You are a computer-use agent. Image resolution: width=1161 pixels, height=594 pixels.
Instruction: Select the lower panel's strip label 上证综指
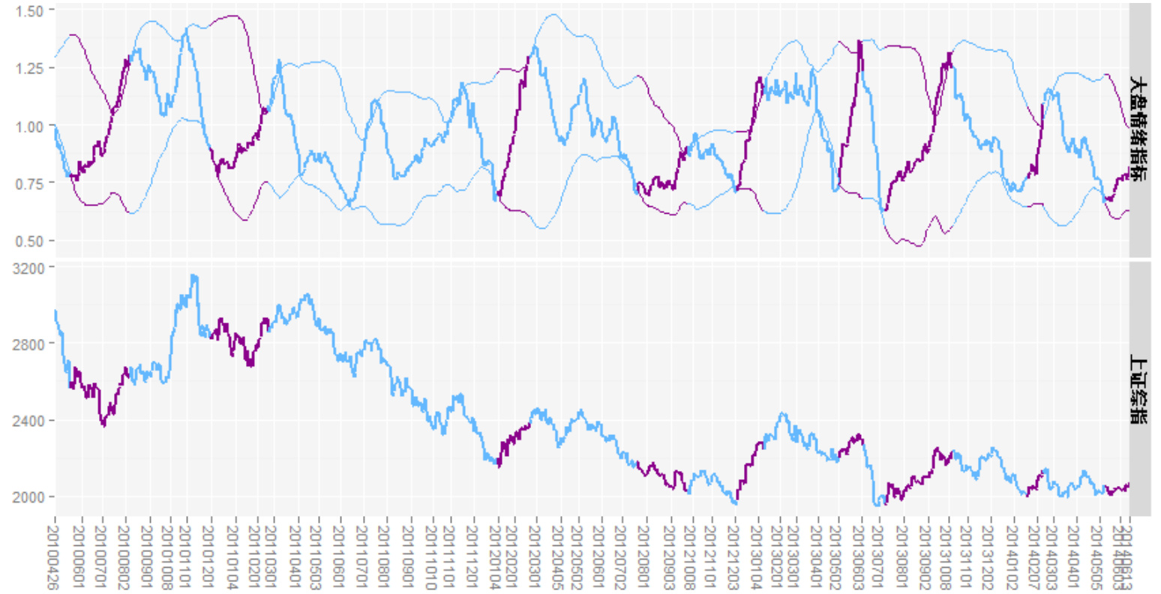click(x=1139, y=389)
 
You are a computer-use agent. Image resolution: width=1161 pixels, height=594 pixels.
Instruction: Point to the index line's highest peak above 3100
click(x=194, y=276)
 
